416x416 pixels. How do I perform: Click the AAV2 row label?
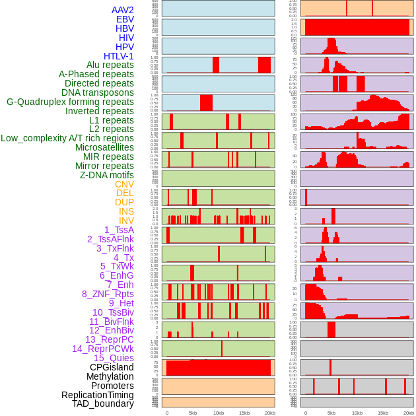pos(122,10)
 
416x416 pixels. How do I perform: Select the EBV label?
pos(125,19)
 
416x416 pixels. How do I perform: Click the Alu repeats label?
pos(110,65)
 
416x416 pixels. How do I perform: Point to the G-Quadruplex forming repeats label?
pos(70,102)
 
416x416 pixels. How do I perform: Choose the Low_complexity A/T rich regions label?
pos(67,138)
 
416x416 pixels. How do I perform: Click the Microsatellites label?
pos(104,147)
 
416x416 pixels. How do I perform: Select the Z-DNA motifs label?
pos(107,175)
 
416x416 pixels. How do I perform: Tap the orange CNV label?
pos(124,184)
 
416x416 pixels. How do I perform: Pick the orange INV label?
pos(125,221)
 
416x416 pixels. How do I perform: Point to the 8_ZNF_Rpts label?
pos(108,294)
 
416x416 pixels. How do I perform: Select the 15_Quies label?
pos(114,358)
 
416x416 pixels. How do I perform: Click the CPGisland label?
pos(112,367)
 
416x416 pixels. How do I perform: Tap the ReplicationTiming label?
pos(98,395)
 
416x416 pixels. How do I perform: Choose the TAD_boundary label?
pos(102,403)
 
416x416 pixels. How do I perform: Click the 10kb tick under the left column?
pos(218,413)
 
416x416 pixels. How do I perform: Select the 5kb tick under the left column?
pos(192,413)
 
